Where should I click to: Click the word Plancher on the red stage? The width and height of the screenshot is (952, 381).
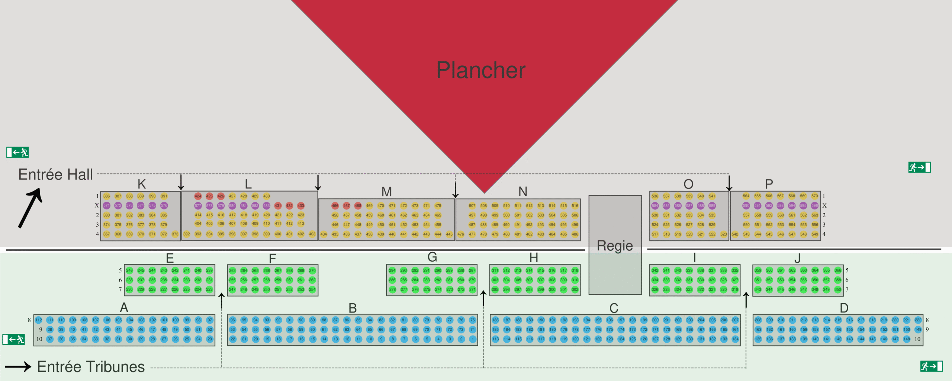click(x=480, y=70)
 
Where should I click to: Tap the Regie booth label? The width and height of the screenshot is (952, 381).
click(x=615, y=246)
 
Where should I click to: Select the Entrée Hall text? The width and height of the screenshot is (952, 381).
click(x=55, y=174)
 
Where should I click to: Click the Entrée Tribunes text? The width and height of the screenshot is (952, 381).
click(x=91, y=366)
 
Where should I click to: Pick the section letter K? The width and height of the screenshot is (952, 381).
click(x=142, y=184)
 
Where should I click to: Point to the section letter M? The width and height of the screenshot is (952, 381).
click(x=386, y=192)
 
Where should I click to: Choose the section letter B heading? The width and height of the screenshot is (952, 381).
click(x=353, y=308)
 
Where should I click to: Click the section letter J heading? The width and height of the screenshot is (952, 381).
click(x=797, y=258)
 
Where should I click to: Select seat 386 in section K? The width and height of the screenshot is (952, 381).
click(x=107, y=196)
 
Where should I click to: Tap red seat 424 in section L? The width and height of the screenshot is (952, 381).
click(x=198, y=196)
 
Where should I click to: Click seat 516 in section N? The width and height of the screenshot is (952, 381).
click(x=575, y=205)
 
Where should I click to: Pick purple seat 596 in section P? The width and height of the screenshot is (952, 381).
click(x=814, y=205)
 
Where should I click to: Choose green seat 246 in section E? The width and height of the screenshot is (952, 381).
click(x=129, y=270)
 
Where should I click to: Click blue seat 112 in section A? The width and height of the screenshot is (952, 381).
click(x=39, y=320)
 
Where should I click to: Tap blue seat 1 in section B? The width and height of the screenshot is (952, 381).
click(x=473, y=339)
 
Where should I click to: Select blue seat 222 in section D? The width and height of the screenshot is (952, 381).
click(x=918, y=320)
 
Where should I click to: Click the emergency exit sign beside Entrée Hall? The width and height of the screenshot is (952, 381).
click(x=17, y=152)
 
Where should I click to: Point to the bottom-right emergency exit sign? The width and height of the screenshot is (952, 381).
click(x=931, y=366)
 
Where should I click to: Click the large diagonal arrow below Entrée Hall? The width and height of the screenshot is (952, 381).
click(x=30, y=208)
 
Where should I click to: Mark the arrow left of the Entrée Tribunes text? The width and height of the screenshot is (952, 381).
click(x=18, y=366)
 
